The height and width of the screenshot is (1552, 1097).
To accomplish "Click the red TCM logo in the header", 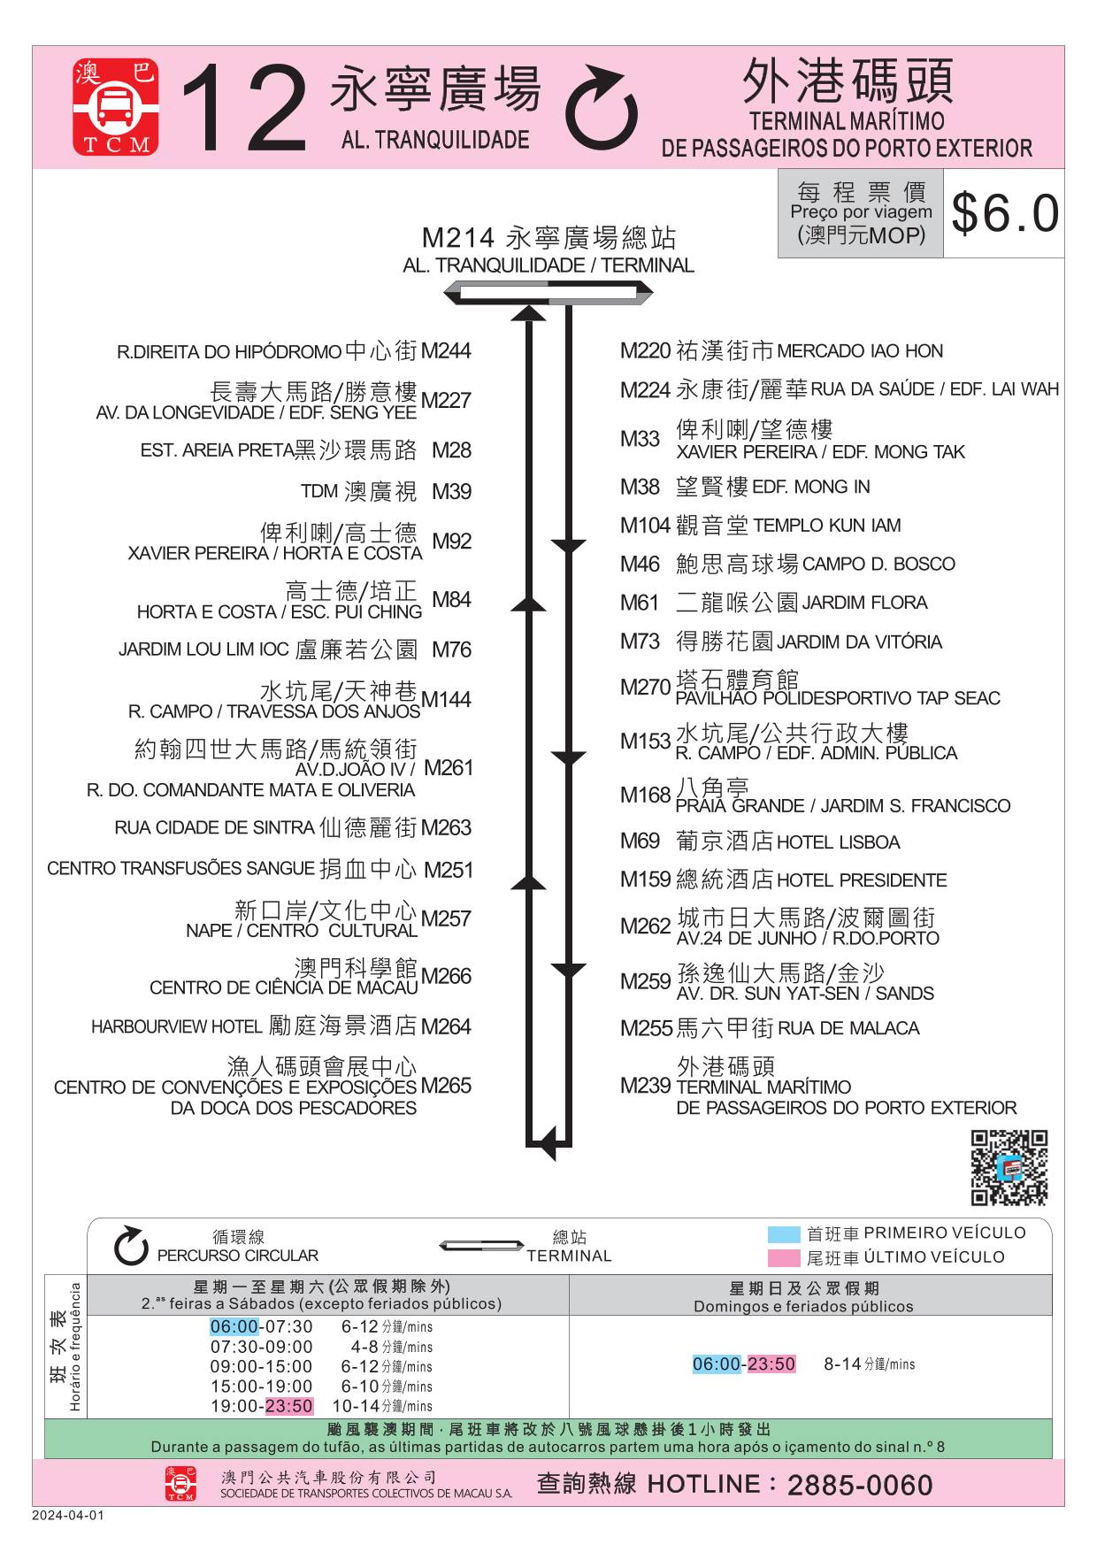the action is pos(116,107).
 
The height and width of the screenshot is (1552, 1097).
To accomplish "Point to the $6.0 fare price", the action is pos(1005,213).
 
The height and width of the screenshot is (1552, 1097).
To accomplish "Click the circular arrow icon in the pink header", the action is pos(602,108).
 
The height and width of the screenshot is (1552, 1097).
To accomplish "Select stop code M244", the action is pos(446,351).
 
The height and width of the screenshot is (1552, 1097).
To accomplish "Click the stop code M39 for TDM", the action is pos(451,491).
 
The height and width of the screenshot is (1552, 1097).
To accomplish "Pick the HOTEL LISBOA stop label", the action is pos(838,842).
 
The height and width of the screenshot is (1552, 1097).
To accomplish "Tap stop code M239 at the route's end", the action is pos(645,1086).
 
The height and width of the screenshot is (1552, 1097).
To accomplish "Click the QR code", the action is pos(1009,1167).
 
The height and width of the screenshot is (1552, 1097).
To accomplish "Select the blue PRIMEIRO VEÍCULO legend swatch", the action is pos(784,1234).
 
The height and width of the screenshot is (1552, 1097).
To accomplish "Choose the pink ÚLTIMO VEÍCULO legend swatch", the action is pos(784,1257).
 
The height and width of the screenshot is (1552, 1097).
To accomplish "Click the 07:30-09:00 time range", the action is pos(261,1347).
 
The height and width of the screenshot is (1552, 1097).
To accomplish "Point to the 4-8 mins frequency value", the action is pos(391,1347).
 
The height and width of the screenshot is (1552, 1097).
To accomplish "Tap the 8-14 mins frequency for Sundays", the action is pos(869,1364).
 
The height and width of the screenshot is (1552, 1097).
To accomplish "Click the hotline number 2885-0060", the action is pos(860,1485).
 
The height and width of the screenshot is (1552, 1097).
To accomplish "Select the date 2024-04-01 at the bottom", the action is pos(68,1515).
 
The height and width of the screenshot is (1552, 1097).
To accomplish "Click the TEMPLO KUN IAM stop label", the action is pos(826,526).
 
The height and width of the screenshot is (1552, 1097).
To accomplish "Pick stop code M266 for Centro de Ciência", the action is pos(446,976).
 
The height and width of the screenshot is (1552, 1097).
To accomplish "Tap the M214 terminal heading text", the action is pos(548,238).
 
